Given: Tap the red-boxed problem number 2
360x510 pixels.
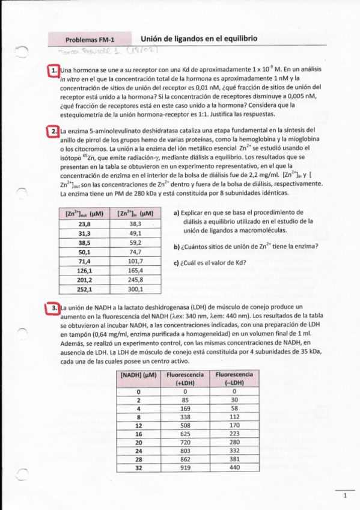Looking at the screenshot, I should tap(54, 131).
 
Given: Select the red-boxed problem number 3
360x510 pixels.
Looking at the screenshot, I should tap(54, 308).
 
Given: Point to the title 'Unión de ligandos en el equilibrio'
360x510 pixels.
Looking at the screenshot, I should tap(199, 38).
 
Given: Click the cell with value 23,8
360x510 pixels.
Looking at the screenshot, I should tap(84, 223).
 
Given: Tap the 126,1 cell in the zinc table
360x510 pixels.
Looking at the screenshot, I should tap(84, 270).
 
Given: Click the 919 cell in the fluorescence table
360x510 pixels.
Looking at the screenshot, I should tap(185, 467).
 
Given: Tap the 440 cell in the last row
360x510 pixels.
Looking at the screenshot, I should tap(234, 467).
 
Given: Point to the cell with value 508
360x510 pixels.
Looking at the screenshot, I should tap(185, 424).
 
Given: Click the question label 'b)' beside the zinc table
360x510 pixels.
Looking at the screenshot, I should tap(177, 247).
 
